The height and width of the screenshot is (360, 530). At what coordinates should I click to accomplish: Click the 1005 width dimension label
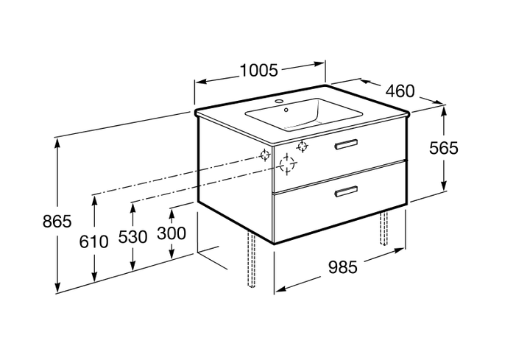[x=259, y=71]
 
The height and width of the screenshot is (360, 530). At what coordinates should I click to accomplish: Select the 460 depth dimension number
[x=400, y=91]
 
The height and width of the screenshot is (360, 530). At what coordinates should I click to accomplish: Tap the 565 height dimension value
[x=443, y=148]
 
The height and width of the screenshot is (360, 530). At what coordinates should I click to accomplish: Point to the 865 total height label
[x=57, y=222]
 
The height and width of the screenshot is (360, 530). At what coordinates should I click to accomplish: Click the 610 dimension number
[x=94, y=241]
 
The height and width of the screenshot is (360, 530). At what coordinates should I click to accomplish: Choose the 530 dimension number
[x=132, y=237]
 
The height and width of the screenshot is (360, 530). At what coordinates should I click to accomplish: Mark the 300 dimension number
[x=172, y=233]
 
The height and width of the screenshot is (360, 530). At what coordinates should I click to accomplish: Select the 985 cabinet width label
[x=343, y=267]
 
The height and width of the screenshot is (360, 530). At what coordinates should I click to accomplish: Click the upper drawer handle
[x=346, y=144]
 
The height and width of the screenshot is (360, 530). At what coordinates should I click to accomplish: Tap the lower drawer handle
[x=346, y=191]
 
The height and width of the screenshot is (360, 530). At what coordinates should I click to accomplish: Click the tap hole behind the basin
[x=280, y=101]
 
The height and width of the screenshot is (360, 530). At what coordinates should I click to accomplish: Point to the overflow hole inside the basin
[x=286, y=110]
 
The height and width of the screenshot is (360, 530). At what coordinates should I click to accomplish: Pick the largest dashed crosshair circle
[x=287, y=164]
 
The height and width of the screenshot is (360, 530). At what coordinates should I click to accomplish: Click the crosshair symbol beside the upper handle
[x=303, y=147]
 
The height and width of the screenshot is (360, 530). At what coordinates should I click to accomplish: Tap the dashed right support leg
[x=384, y=227]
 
